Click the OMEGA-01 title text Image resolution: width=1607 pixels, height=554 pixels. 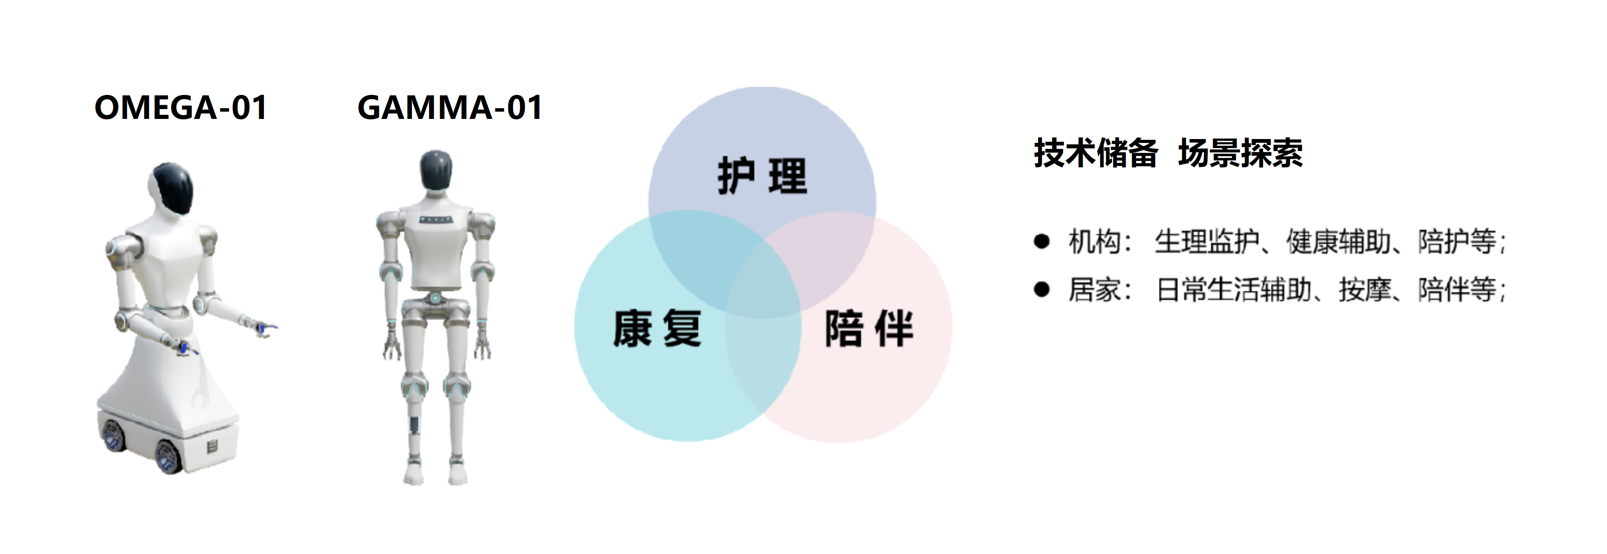point(181,107)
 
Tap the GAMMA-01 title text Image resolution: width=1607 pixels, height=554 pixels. point(450,107)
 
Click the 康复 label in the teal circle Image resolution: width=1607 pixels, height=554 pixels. point(657,328)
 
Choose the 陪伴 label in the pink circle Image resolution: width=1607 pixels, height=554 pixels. point(869,328)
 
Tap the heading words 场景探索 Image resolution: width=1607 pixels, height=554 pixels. point(1240,153)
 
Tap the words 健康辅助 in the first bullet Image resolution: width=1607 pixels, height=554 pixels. point(1339,241)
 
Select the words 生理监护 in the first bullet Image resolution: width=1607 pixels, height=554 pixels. point(1207,241)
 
